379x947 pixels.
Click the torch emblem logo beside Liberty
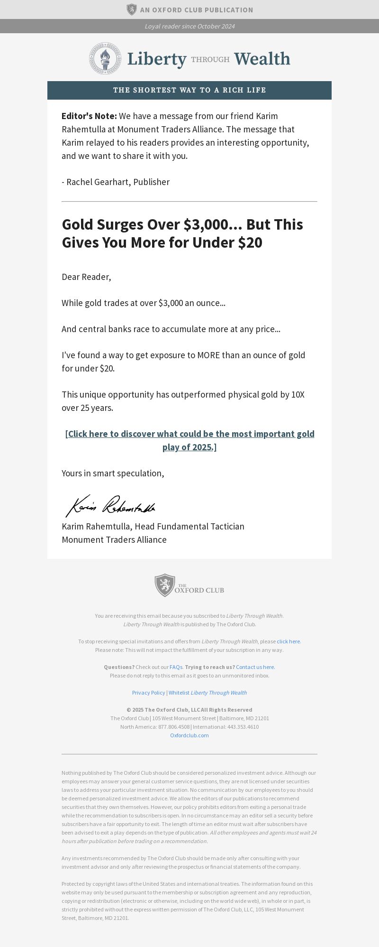pos(105,58)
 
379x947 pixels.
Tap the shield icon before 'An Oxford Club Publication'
pos(131,9)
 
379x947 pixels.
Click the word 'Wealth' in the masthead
pos(262,59)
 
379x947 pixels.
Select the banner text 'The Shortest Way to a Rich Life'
pos(189,90)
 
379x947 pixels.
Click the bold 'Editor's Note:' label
pos(89,116)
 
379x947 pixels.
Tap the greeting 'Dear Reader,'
pos(86,277)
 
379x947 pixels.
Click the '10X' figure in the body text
pos(298,395)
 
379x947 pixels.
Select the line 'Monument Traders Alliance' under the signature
pos(114,540)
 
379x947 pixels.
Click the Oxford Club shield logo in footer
pos(165,585)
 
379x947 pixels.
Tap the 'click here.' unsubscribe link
pos(289,641)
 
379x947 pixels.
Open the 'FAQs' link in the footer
pos(176,667)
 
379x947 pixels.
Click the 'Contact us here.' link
pos(255,667)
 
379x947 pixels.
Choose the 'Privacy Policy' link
pos(148,693)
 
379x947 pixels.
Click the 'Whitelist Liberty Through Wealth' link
pos(208,693)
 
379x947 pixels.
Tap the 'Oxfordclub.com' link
pos(189,735)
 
